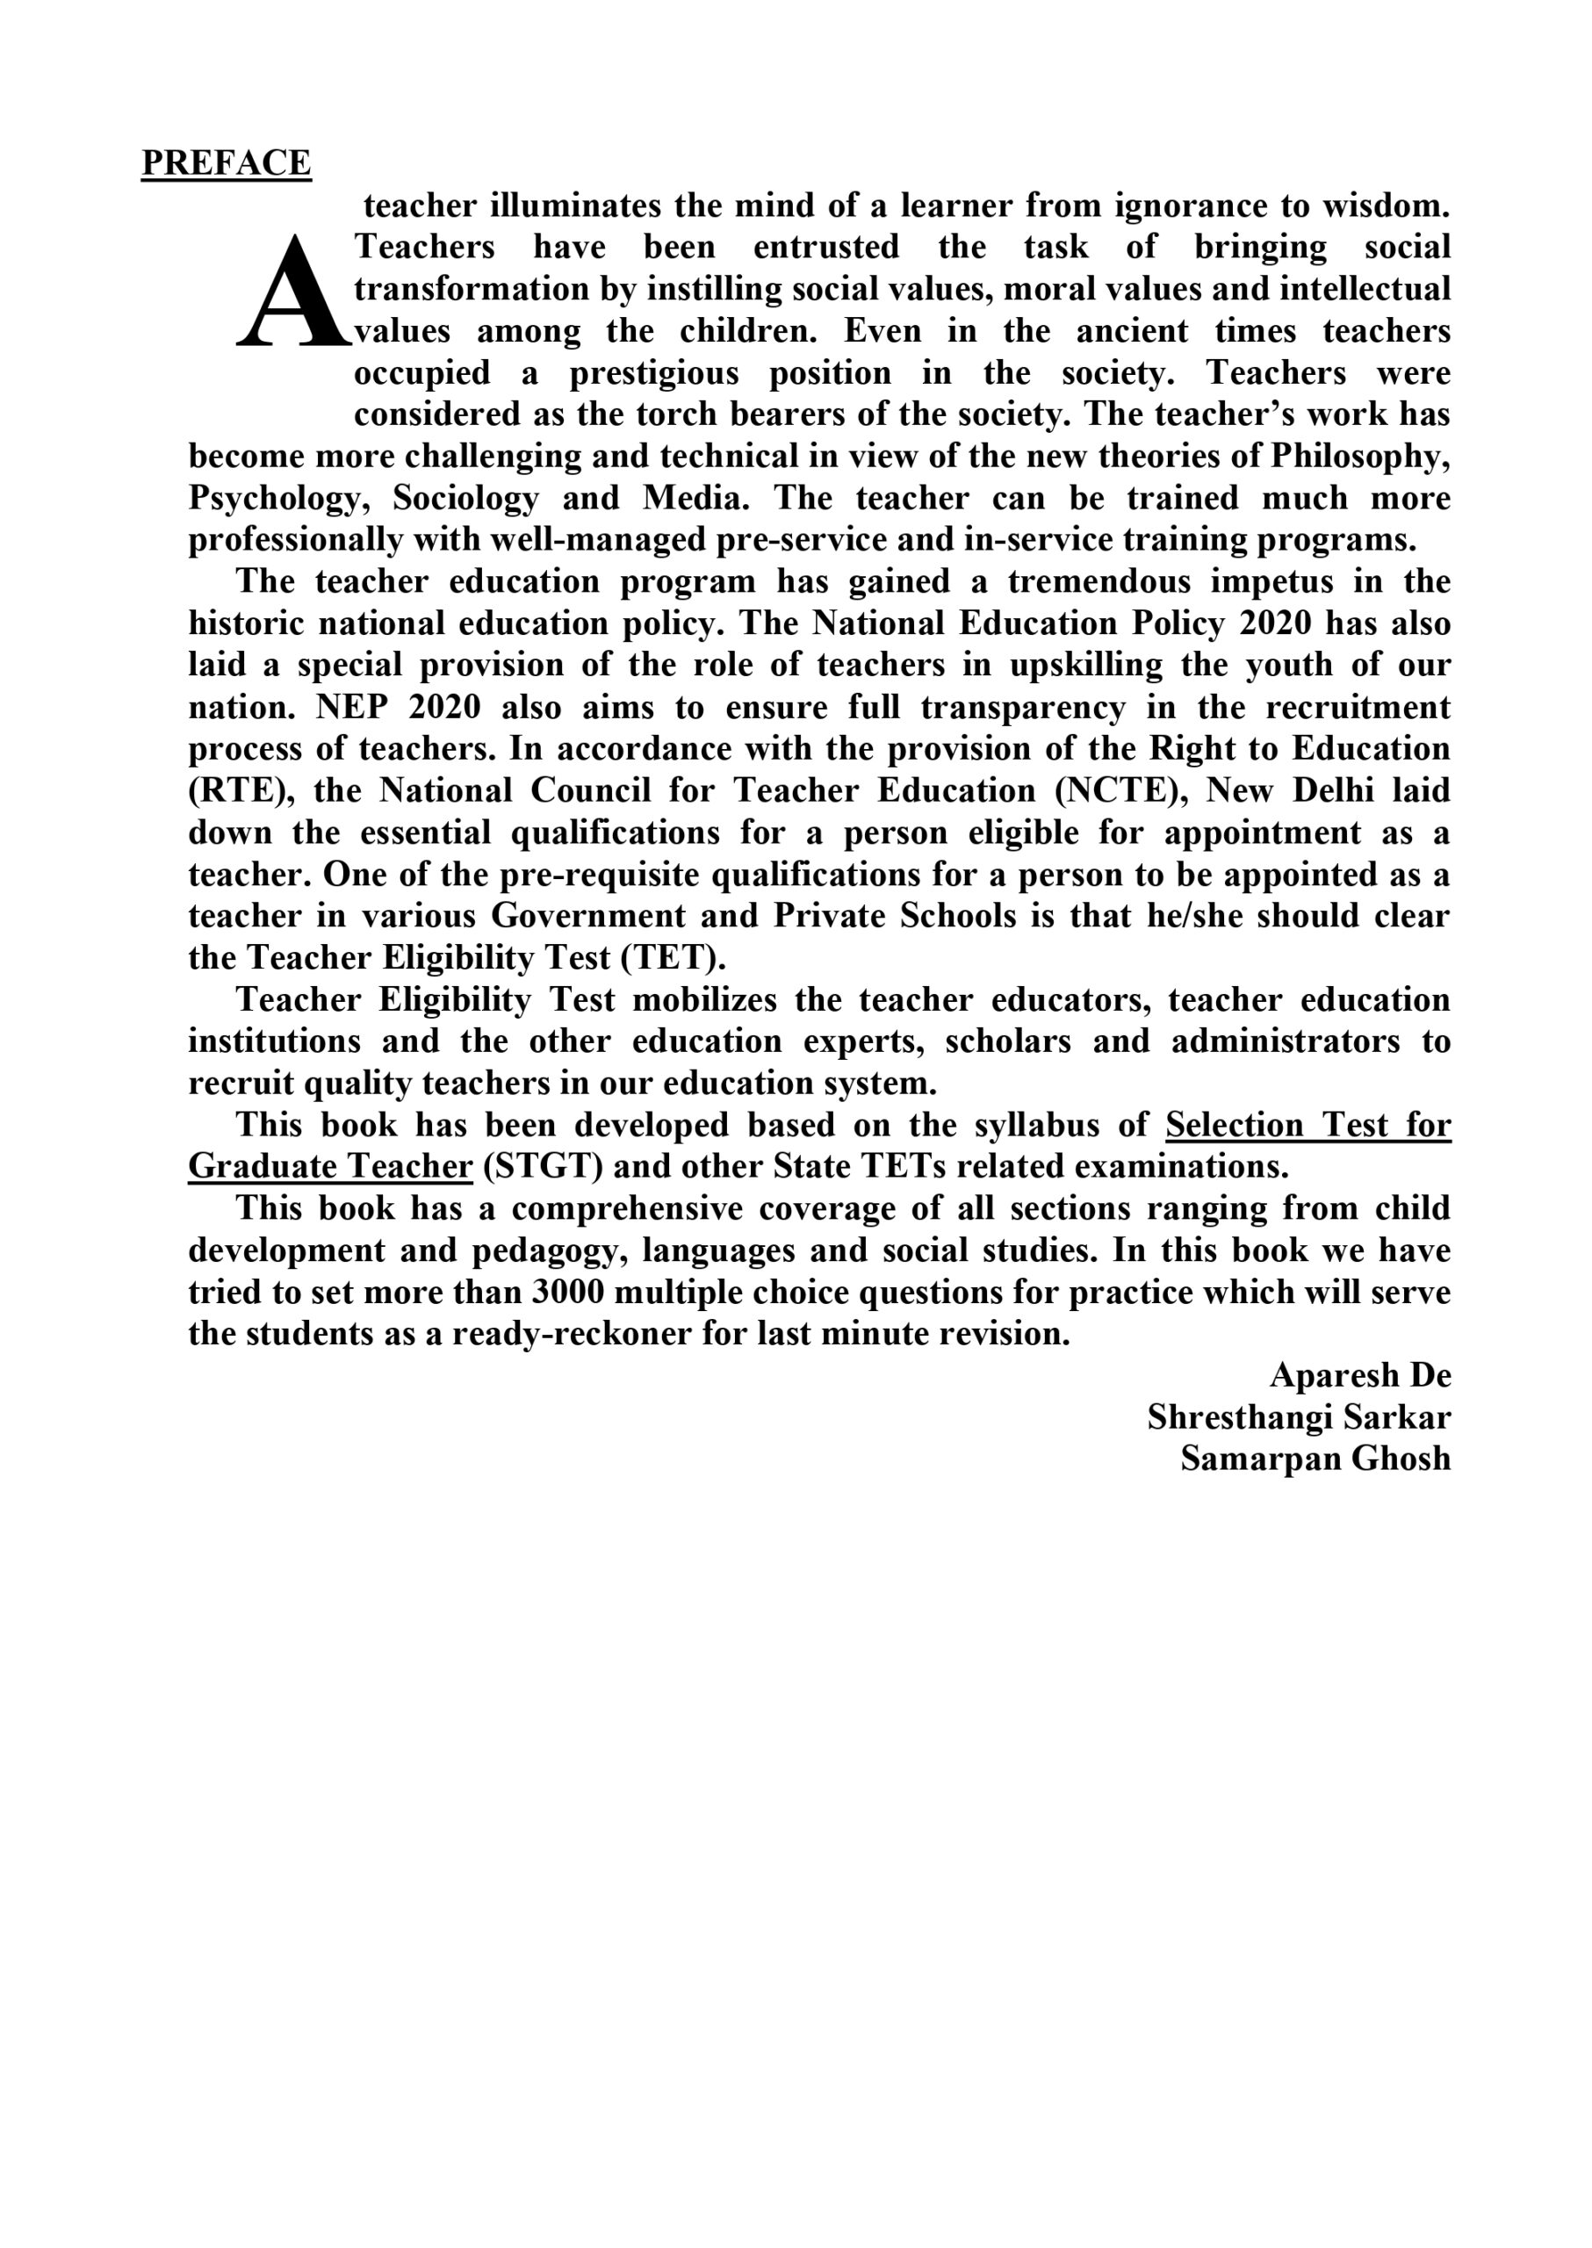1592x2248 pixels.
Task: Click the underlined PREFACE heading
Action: click(x=226, y=162)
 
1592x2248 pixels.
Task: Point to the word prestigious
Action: click(x=654, y=373)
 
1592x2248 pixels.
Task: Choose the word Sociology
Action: click(x=465, y=499)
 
